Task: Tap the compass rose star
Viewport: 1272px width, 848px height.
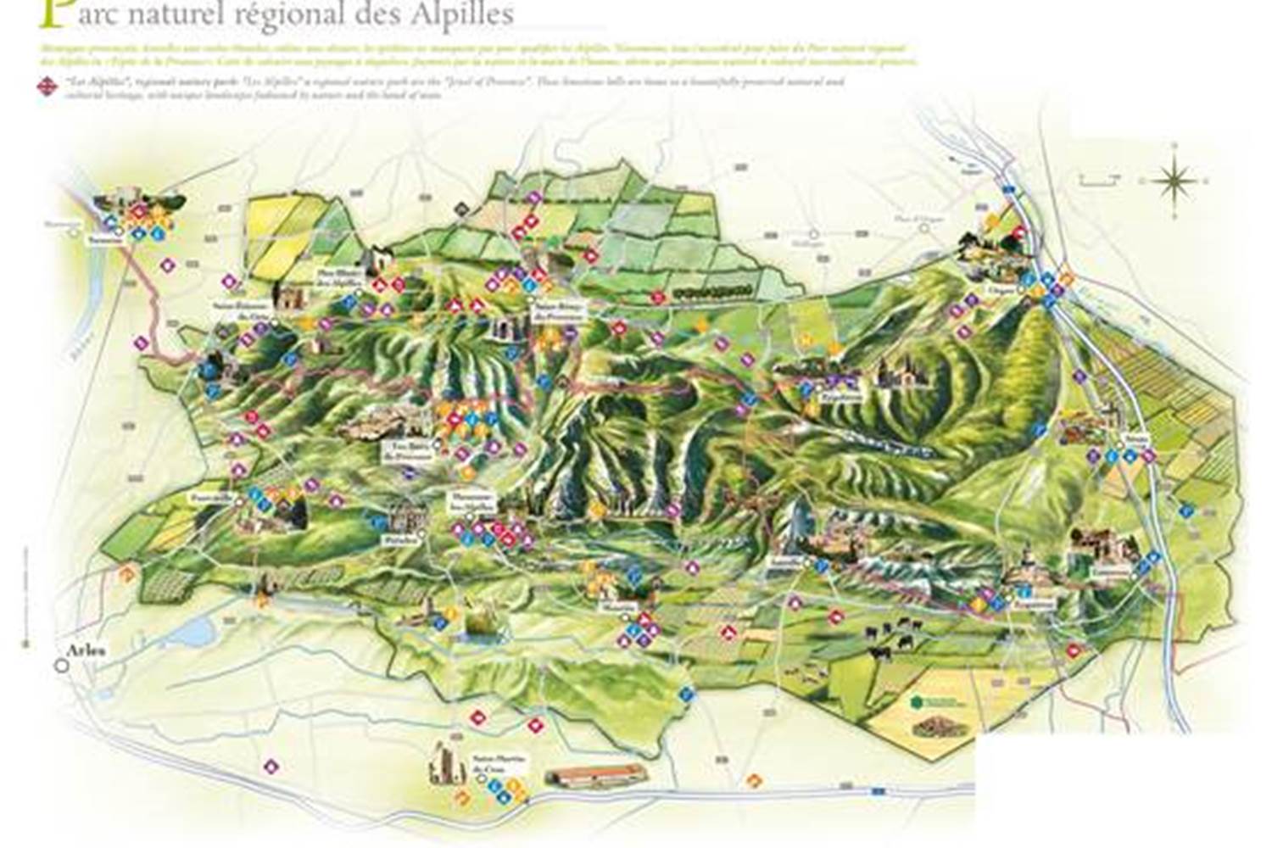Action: click(1175, 180)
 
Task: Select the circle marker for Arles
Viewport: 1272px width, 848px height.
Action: click(61, 667)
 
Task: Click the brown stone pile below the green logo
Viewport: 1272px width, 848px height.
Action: click(937, 727)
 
